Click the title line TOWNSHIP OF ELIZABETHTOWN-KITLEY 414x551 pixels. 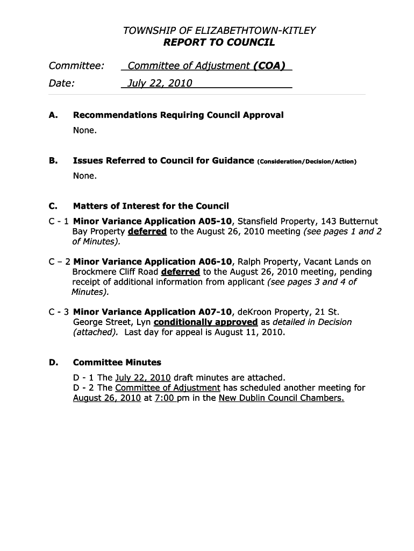click(x=219, y=31)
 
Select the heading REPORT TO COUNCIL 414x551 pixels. click(x=219, y=43)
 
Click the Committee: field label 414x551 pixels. click(x=76, y=66)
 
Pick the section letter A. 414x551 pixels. click(x=53, y=115)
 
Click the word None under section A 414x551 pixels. click(x=85, y=131)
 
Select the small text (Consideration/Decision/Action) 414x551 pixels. click(x=306, y=161)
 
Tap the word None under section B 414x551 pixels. click(x=85, y=176)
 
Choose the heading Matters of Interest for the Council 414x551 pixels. click(x=151, y=206)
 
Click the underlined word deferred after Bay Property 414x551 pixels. click(x=147, y=231)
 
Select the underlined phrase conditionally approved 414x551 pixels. click(x=205, y=322)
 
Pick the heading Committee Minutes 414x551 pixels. click(x=117, y=363)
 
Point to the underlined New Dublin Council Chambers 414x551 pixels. click(x=281, y=398)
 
